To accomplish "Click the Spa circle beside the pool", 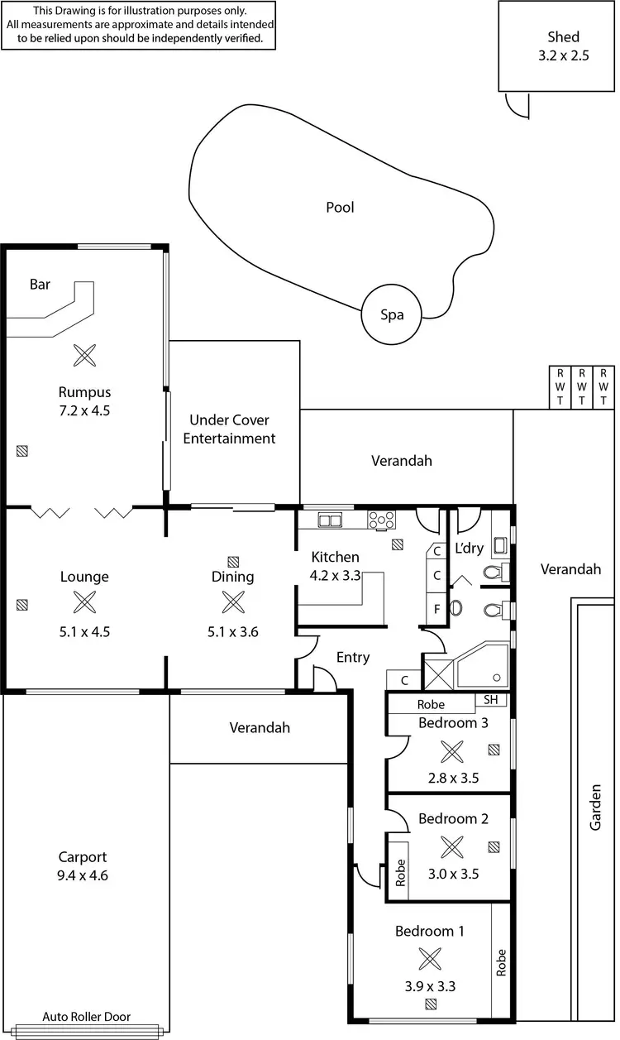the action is (392, 314).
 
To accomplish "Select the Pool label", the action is (340, 208).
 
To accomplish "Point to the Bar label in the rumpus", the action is (40, 285).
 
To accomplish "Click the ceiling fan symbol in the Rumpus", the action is (83, 356).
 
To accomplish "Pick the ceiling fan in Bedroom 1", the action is (430, 959).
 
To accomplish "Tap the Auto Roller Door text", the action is (87, 1017).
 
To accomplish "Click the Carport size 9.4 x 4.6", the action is (83, 875).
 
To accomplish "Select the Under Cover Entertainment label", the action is (229, 429).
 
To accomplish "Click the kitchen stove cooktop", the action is (381, 520).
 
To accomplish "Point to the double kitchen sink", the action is (331, 520).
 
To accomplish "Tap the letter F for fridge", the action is (436, 611).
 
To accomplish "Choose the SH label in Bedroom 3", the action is (492, 700).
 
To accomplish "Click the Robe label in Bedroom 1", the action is (501, 962).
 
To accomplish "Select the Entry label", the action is (353, 658).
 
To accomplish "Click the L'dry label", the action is (469, 548).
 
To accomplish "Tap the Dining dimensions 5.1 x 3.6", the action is (232, 632).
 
